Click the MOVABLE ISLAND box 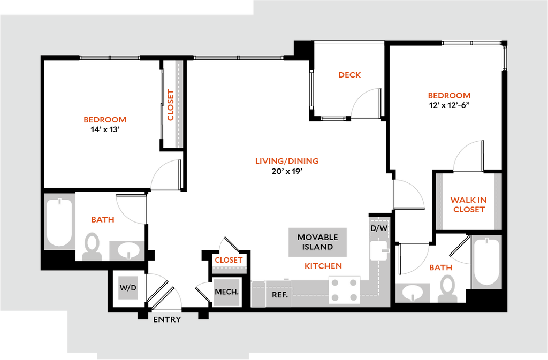pos(318,242)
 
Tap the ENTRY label pos(167,320)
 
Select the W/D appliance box pos(128,287)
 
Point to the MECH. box pos(226,292)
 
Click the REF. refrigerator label pos(280,295)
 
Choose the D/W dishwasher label pos(379,228)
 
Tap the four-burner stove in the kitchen pos(344,290)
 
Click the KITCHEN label pos(323,266)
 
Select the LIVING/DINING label pos(287,160)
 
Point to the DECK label pos(350,75)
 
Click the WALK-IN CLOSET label pos(468,204)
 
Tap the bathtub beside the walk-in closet pos(486,261)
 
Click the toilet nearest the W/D pos(93,246)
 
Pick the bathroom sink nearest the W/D pos(127,250)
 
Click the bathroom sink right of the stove pos(413,293)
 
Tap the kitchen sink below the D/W pos(379,250)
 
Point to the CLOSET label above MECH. pos(229,259)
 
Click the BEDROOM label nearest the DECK pos(450,96)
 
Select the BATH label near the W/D pos(103,219)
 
